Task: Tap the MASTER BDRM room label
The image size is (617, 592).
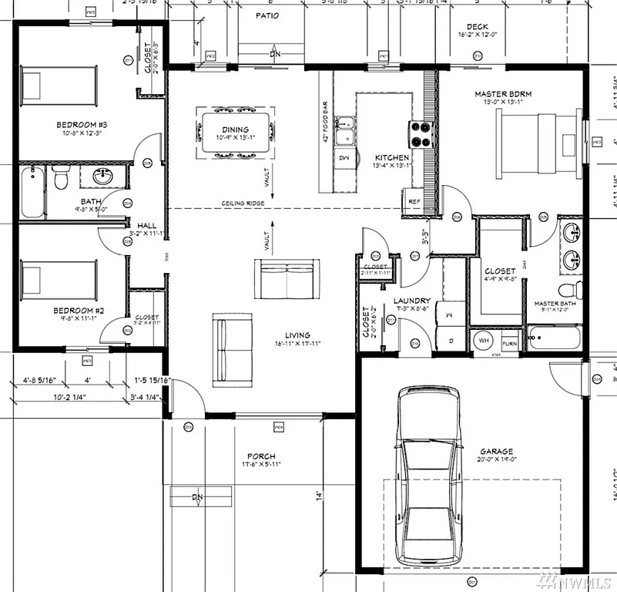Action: (x=503, y=94)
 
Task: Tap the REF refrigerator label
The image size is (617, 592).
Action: (x=414, y=201)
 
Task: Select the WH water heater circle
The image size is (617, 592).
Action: (x=485, y=340)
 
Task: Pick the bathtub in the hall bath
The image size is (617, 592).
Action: (x=32, y=191)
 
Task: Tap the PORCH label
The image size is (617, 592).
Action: (x=261, y=456)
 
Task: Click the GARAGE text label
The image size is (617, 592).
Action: (x=496, y=452)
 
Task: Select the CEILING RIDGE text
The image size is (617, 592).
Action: (x=243, y=203)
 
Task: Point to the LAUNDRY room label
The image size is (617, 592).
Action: (x=411, y=301)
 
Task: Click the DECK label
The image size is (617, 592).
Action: (x=477, y=27)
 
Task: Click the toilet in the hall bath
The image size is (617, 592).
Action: (x=62, y=178)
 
